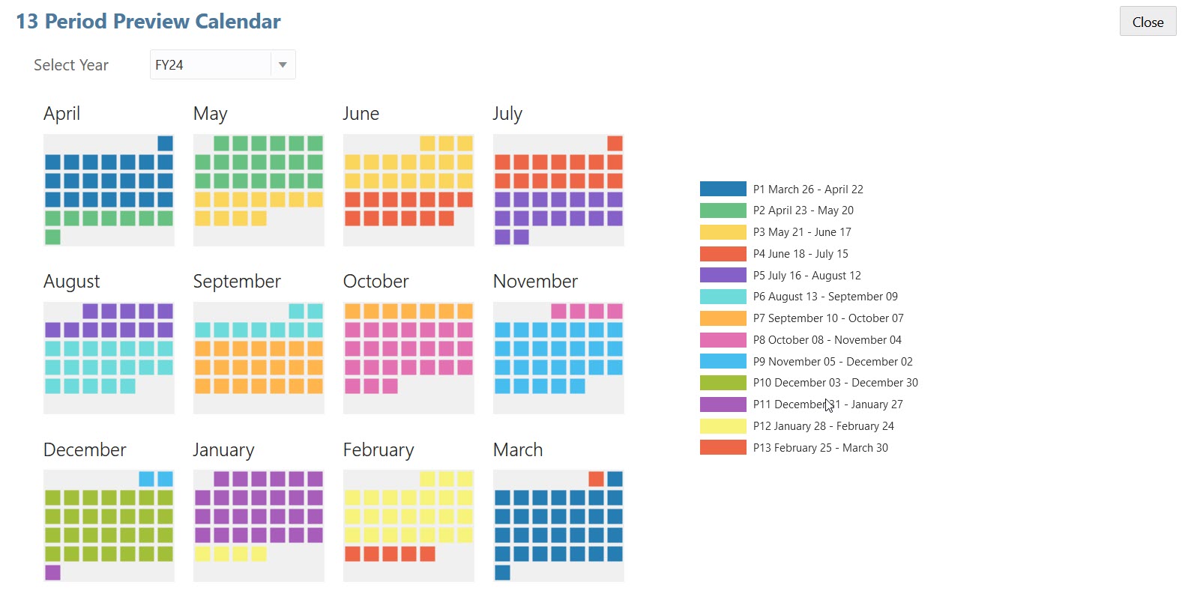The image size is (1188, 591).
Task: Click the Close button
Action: tap(1148, 22)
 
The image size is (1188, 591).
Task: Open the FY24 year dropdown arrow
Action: tap(283, 65)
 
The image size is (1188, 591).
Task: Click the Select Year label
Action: tap(71, 65)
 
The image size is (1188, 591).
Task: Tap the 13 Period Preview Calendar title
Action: tap(148, 22)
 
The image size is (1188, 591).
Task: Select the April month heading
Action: tap(61, 114)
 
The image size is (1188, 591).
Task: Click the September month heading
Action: tap(237, 282)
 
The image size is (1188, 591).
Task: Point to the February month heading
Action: tap(379, 450)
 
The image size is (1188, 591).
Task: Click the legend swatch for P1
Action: tap(723, 189)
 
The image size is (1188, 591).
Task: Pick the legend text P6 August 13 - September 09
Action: tap(825, 297)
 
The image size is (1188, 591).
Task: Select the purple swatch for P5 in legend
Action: tap(723, 275)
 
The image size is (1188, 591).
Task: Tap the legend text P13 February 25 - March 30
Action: tap(820, 448)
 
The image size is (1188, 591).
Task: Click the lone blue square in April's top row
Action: tap(165, 143)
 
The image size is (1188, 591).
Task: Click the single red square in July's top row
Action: tap(615, 143)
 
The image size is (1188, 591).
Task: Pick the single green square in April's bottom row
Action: tap(52, 237)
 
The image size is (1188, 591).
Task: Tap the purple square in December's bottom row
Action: tap(52, 572)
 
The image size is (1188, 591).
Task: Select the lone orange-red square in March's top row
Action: tap(596, 479)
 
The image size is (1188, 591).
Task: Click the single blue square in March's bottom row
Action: tap(502, 572)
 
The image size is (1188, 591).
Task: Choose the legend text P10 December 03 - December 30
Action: tap(835, 383)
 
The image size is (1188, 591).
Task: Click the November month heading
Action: tap(535, 282)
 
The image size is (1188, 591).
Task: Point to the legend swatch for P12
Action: tap(723, 426)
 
